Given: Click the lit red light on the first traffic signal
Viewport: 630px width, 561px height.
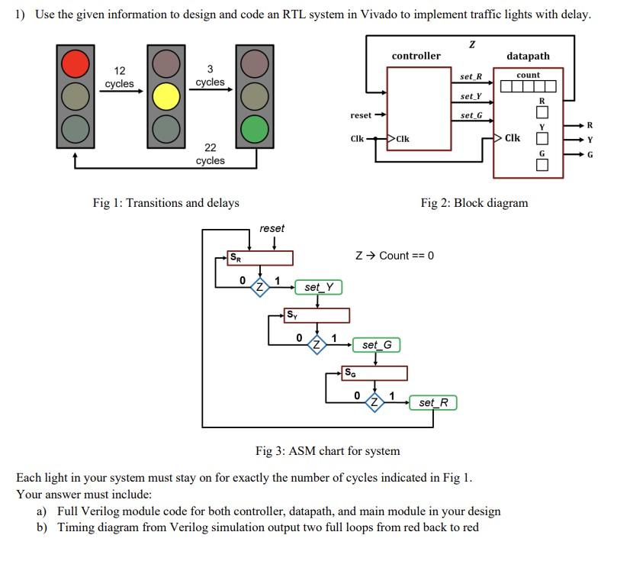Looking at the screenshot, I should (76, 63).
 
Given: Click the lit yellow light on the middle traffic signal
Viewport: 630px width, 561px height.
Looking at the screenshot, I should (166, 97).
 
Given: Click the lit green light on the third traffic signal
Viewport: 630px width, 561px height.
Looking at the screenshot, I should (256, 130).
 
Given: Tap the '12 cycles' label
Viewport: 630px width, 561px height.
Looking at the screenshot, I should (120, 77).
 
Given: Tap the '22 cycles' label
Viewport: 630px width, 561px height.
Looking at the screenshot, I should (211, 153).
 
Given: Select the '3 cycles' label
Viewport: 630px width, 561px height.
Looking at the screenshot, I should (211, 75).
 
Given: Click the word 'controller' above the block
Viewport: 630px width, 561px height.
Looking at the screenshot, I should (416, 56).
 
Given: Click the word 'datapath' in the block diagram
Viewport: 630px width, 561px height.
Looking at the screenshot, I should (528, 56).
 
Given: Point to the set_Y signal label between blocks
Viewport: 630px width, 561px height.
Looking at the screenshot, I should (471, 96).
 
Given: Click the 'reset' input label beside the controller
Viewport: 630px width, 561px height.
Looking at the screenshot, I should (361, 115).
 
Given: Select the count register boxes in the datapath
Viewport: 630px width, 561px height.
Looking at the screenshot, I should (528, 86).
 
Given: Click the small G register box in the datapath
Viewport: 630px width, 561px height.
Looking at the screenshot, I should (542, 166).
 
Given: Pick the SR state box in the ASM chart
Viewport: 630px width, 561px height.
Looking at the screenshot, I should (260, 258).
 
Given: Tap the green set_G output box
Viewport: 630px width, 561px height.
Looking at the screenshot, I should (376, 345).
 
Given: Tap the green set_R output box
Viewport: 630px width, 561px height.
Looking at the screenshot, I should (433, 402).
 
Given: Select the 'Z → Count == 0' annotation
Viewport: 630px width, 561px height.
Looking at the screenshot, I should (394, 255).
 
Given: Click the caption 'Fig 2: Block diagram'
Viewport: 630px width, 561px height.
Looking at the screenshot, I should (474, 202).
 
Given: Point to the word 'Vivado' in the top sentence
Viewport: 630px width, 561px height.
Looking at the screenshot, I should (377, 15).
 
